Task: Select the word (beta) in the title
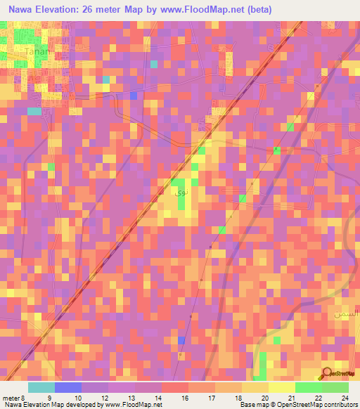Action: coord(255,10)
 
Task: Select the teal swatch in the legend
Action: coord(41,387)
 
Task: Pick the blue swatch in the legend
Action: coord(68,387)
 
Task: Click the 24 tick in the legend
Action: coord(345,397)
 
